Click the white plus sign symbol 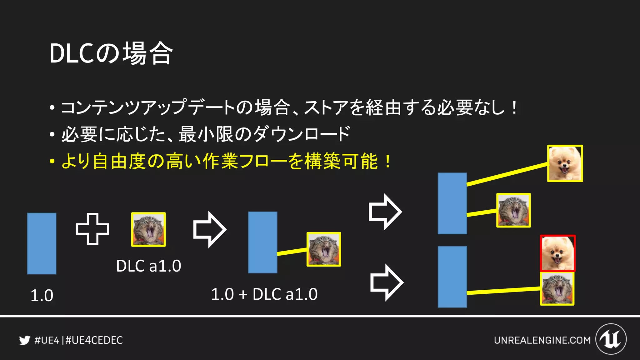(92, 229)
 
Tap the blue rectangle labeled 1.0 (42, 243)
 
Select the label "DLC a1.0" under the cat (148, 266)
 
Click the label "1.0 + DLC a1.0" (264, 294)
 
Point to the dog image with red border (558, 253)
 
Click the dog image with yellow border (565, 163)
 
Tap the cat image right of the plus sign (148, 229)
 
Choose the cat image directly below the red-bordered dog (557, 288)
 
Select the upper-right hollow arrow (385, 212)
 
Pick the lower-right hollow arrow (387, 282)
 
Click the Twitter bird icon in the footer (25, 340)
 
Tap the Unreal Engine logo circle (611, 339)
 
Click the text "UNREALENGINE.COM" (542, 340)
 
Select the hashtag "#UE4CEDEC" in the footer (94, 340)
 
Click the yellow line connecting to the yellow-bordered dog (507, 174)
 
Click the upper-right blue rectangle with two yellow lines (452, 203)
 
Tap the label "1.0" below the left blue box (42, 295)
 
